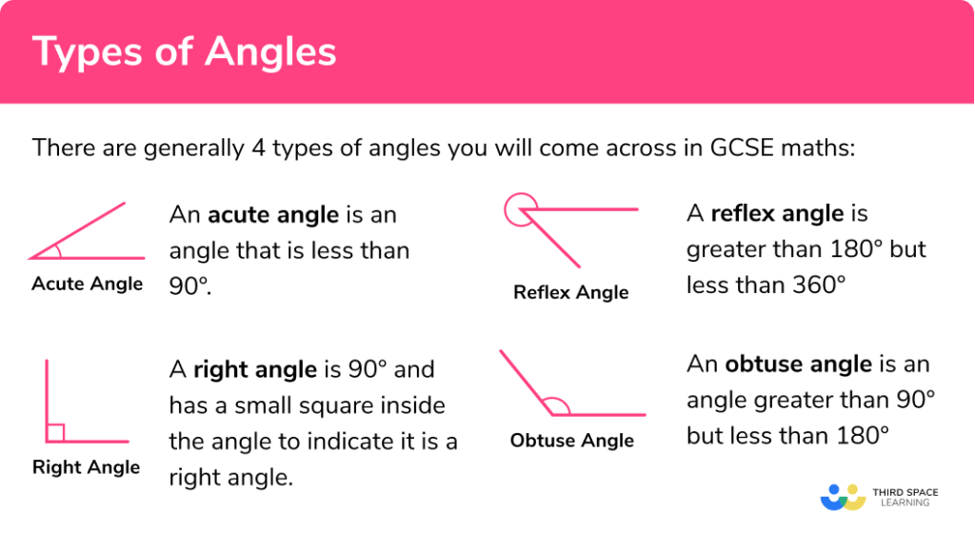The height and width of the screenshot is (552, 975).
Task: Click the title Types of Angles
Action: [185, 51]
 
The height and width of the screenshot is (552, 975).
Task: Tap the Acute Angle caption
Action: [87, 284]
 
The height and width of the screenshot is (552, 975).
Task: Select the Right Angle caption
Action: [86, 467]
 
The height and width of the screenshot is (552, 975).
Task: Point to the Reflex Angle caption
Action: [570, 292]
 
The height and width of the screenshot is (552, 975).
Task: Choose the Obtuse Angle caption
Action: [571, 441]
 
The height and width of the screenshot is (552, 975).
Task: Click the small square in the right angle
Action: [55, 433]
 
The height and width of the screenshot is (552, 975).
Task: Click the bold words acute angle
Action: [273, 215]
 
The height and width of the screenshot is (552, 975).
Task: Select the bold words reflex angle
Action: [777, 214]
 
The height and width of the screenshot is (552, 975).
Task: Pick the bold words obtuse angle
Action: [798, 365]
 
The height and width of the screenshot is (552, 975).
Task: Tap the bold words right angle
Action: [254, 369]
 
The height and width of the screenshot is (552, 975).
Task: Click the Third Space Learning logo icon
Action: [842, 497]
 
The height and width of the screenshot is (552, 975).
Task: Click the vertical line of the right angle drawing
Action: [46, 400]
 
